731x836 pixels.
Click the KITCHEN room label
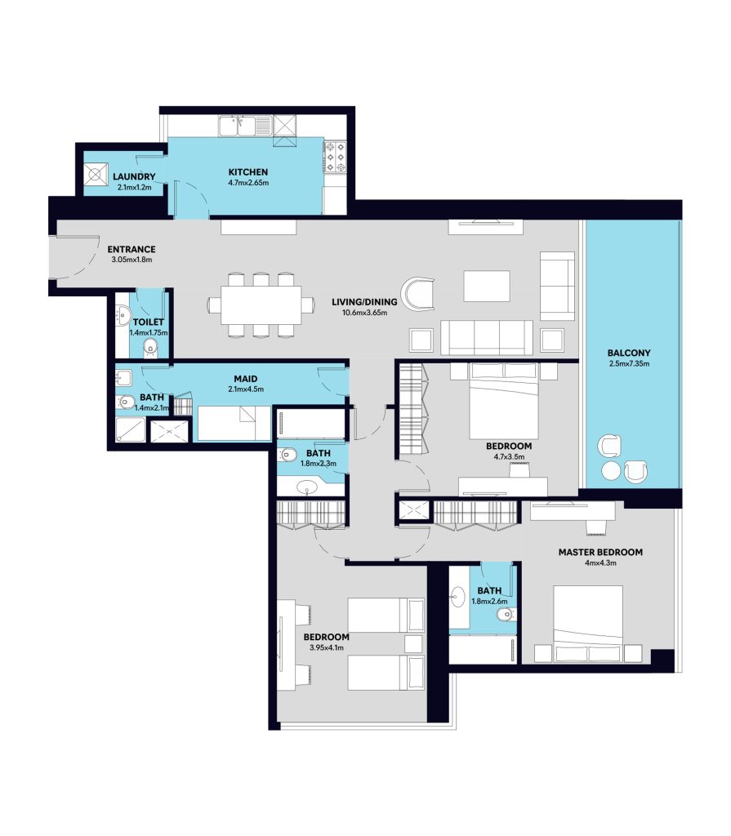(x=248, y=172)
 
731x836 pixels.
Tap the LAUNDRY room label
(x=134, y=176)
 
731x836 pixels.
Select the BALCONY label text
(x=629, y=353)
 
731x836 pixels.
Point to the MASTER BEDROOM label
(x=600, y=553)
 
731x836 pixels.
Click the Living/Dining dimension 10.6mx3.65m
(x=364, y=313)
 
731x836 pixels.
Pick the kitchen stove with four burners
(x=336, y=157)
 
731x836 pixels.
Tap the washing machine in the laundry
(x=96, y=175)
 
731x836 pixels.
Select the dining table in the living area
(x=261, y=305)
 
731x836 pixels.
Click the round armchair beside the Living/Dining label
(x=418, y=294)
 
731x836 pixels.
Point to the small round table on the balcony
(x=611, y=471)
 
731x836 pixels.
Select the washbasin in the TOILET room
(x=123, y=315)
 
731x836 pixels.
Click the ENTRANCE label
(x=131, y=250)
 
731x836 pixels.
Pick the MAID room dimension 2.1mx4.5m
(x=246, y=389)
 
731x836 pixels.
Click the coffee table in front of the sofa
(x=487, y=287)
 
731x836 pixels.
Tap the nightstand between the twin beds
(x=413, y=644)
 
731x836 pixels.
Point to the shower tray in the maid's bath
(x=131, y=429)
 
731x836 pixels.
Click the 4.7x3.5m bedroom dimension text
(x=509, y=457)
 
